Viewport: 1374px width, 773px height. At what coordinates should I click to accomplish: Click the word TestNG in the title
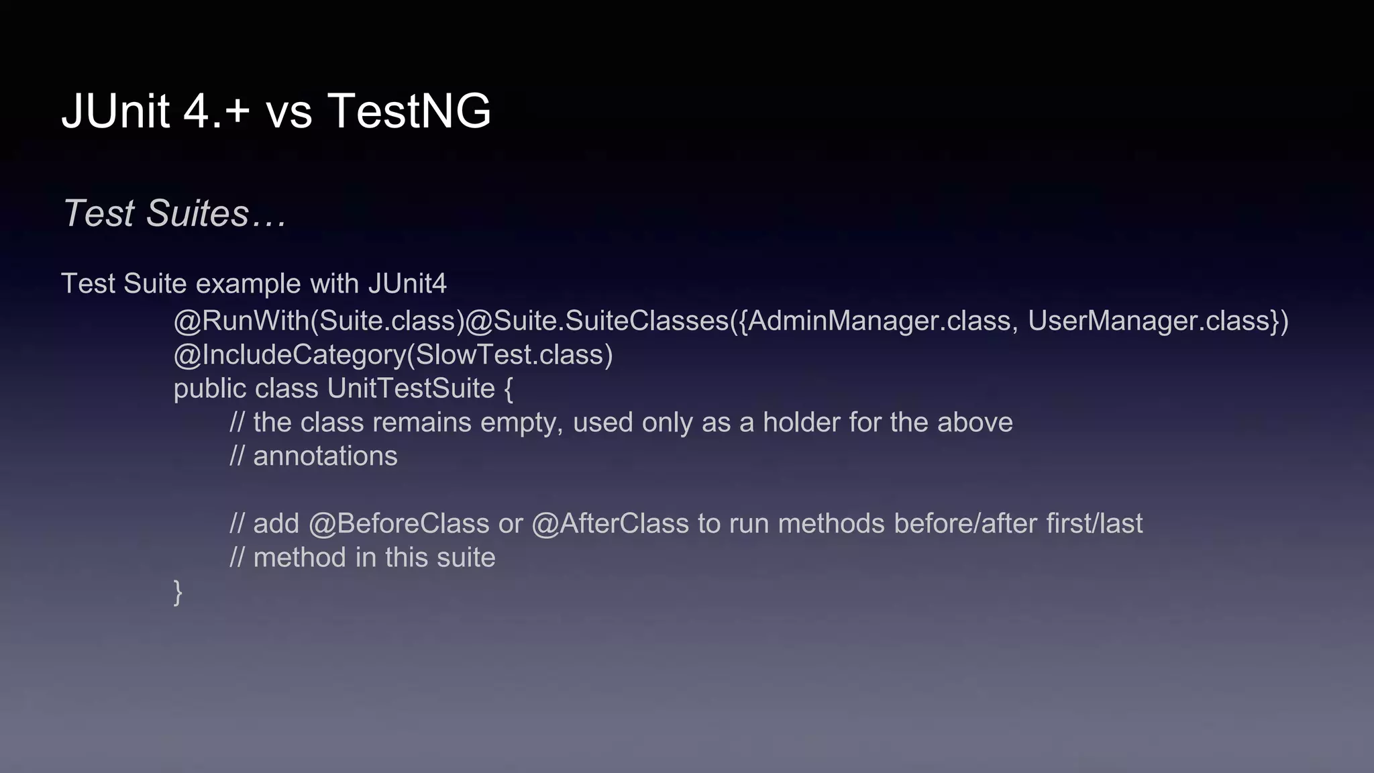point(409,111)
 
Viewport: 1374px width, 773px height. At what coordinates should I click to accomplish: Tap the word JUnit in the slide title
point(115,111)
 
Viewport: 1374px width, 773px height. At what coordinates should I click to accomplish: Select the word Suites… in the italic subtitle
point(217,213)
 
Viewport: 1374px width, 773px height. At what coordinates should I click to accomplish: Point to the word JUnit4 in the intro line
point(407,283)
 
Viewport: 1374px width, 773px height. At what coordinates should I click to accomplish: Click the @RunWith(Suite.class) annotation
point(319,321)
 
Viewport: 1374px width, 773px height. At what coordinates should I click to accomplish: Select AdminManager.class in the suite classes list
point(879,321)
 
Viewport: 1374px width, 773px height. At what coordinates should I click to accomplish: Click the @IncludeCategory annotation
point(290,355)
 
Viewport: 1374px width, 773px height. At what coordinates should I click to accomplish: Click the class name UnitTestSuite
point(411,389)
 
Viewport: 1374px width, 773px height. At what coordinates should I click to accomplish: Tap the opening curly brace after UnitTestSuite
point(508,389)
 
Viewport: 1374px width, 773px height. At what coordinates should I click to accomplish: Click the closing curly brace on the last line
point(178,592)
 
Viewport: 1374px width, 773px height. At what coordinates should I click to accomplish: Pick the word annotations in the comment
point(325,456)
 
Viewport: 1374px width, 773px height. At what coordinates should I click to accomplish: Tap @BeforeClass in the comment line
point(399,523)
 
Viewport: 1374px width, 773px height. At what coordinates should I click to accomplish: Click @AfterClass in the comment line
point(610,523)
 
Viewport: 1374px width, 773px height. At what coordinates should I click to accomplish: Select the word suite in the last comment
point(466,558)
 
